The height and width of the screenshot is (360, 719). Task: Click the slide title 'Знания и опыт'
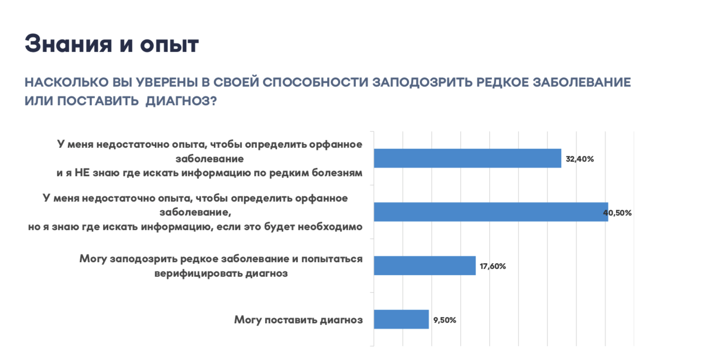click(111, 45)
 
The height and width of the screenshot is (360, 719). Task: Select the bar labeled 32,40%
click(467, 159)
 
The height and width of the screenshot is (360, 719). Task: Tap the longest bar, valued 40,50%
click(490, 212)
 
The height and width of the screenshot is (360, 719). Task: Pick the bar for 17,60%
click(424, 266)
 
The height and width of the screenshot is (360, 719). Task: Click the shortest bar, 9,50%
click(401, 320)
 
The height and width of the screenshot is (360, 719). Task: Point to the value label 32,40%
click(579, 159)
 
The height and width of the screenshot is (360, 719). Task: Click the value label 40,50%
click(618, 213)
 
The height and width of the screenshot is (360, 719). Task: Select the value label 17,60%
click(493, 266)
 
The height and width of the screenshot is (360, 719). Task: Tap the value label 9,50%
click(445, 320)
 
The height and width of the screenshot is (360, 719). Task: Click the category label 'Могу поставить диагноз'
click(298, 320)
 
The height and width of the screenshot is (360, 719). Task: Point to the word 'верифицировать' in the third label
click(189, 273)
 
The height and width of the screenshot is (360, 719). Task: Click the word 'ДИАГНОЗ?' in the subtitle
click(181, 101)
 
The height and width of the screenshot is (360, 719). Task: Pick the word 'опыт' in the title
click(169, 45)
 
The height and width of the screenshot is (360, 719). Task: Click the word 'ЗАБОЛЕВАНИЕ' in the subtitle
click(583, 83)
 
